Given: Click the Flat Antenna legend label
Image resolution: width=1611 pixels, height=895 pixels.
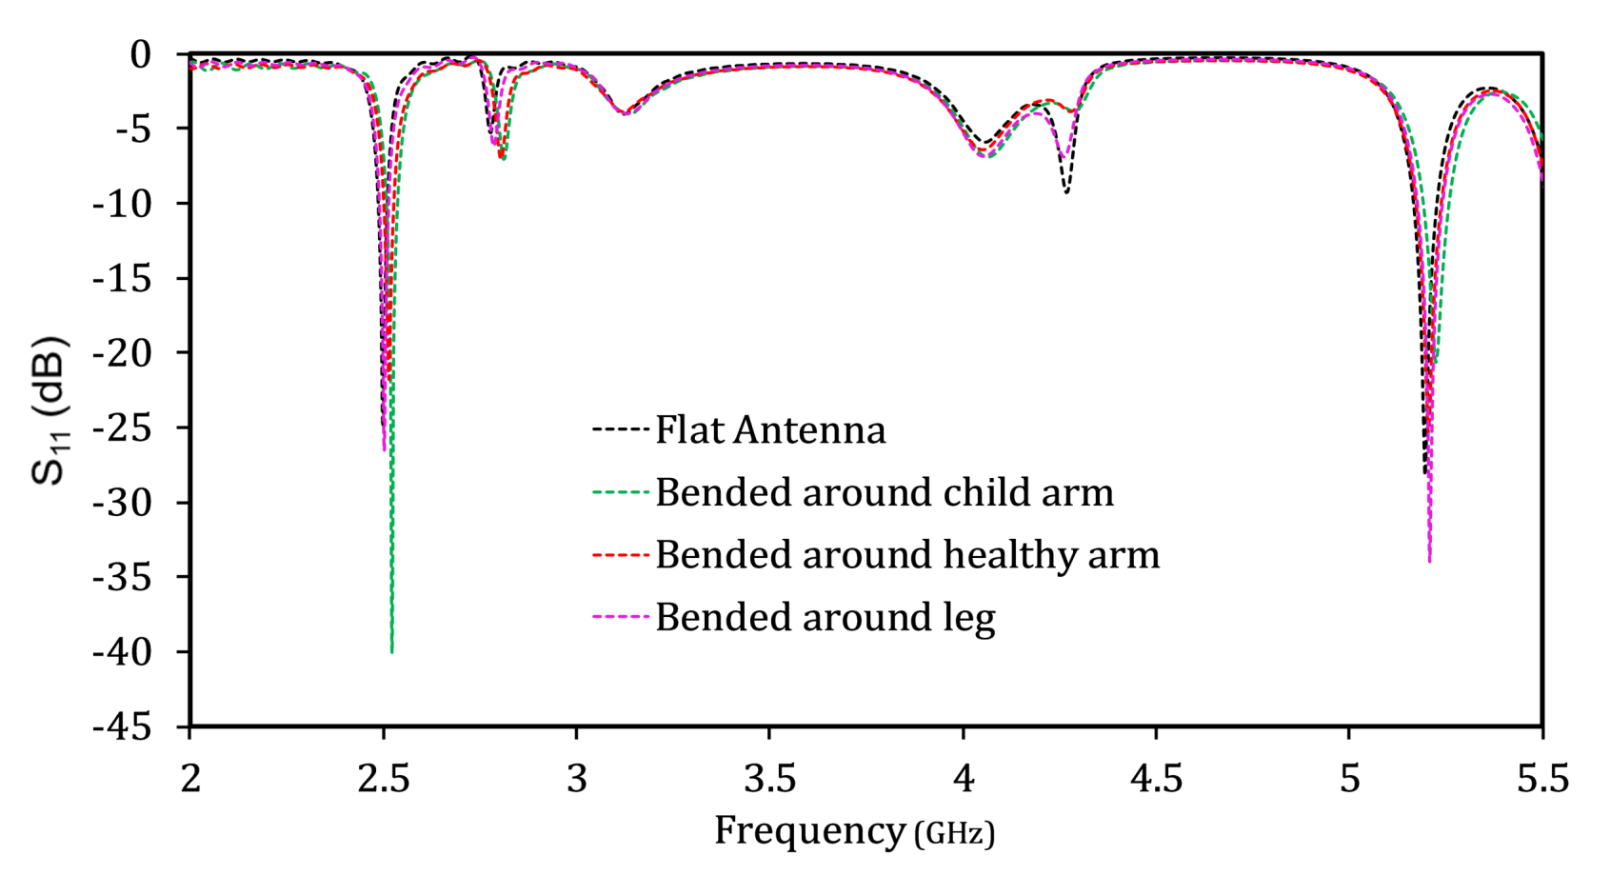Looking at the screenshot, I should pos(769,430).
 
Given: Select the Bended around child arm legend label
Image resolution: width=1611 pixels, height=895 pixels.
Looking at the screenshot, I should pos(884,493).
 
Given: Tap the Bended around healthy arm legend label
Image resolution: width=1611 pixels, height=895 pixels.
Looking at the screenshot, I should pos(906,555).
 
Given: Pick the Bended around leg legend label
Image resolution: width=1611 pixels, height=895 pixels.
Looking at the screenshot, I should pos(825,618).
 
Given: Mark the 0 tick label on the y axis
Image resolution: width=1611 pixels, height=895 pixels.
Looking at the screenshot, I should pos(140,54).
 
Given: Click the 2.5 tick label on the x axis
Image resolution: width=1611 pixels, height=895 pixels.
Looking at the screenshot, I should pos(384,779).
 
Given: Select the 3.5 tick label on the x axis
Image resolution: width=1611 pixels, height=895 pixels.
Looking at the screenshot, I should pos(769,779).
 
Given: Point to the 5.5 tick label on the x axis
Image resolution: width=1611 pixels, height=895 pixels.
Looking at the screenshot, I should pos(1541,779).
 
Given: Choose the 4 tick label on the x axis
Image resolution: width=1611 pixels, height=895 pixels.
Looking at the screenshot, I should pos(964,779).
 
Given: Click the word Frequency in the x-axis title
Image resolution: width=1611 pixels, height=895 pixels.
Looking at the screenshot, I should pos(810,830).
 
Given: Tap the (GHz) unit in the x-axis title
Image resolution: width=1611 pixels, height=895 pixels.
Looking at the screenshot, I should pos(954,834).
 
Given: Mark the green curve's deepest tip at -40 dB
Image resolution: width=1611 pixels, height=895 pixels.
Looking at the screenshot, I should pos(391,651).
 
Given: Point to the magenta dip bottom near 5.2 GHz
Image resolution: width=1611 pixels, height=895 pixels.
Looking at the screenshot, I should pos(1429,560).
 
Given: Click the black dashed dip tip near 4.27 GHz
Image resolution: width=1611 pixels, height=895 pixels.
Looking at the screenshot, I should pos(1066,192).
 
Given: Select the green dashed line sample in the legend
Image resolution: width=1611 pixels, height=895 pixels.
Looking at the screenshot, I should pos(621,493).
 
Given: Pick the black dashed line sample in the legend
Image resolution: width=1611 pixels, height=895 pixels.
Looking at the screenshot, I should pos(621,430).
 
